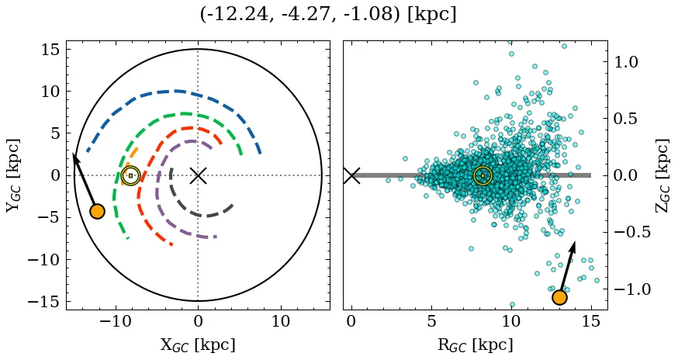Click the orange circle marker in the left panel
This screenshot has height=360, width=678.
pyautogui.click(x=97, y=211)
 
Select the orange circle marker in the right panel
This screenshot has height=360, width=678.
pyautogui.click(x=559, y=297)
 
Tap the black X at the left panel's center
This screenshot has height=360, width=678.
pyautogui.click(x=198, y=175)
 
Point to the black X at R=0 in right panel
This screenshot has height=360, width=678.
pyautogui.click(x=351, y=175)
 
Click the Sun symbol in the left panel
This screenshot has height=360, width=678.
pyautogui.click(x=130, y=175)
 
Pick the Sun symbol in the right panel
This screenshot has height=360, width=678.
pyautogui.click(x=483, y=175)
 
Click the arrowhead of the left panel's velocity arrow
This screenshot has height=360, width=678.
pyautogui.click(x=74, y=155)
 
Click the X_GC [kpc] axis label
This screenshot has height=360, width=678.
pyautogui.click(x=197, y=344)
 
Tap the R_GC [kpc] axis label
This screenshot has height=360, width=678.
pyautogui.click(x=475, y=344)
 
